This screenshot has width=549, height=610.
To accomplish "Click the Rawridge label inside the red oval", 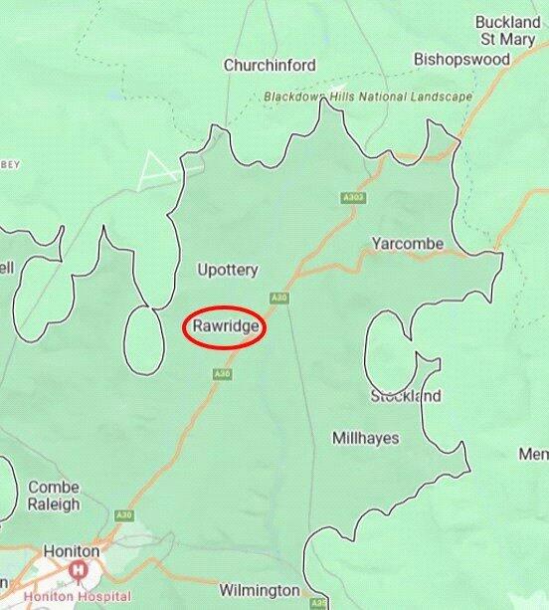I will (x=225, y=325).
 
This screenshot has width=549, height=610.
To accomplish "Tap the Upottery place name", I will (x=227, y=270).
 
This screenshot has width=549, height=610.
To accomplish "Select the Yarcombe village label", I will (x=407, y=244).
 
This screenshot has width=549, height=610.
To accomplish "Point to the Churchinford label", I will (x=270, y=66).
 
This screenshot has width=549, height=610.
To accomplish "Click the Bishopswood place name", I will (x=461, y=60).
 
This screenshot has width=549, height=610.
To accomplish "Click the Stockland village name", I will (x=405, y=396).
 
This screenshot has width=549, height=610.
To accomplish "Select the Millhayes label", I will (x=365, y=438).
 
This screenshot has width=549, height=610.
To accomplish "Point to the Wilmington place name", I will (x=260, y=589).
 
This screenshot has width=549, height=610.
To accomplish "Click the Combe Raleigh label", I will (x=54, y=496).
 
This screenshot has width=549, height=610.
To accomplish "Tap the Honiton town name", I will (x=71, y=551).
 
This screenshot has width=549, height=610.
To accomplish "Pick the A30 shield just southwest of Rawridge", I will (x=222, y=373).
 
